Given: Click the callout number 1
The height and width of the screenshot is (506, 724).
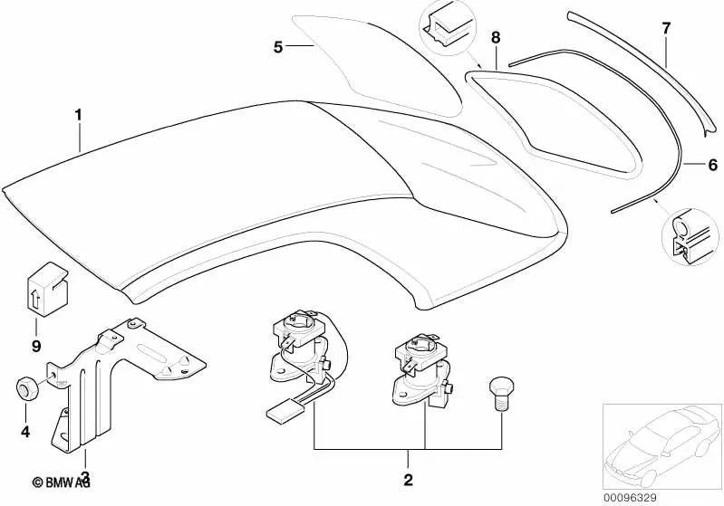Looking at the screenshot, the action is tap(79, 115).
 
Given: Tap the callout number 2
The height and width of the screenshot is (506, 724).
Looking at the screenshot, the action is tap(408, 480).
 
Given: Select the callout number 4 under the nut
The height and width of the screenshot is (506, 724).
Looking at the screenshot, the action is tap(25, 432).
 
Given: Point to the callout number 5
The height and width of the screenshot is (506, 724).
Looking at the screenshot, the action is tap(277, 47).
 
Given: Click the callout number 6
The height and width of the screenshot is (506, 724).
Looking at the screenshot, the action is tap(713, 165).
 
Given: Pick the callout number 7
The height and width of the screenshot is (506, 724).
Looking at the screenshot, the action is tap(666, 28).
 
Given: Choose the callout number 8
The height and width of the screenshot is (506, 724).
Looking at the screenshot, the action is tap(496, 38).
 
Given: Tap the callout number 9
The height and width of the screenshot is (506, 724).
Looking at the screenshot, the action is tap(36, 346).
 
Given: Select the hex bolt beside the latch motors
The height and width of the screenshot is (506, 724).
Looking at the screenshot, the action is tap(501, 392).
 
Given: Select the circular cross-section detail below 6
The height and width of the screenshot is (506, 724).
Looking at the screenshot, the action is tap(690, 237).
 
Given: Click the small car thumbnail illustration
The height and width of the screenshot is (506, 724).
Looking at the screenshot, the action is tap(661, 446).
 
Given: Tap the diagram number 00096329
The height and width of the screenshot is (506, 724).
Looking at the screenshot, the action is tap(630, 498).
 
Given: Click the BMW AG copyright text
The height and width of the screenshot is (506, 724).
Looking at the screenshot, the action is tap(61, 482).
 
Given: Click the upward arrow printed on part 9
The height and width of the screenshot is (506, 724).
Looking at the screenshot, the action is tap(35, 301).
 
